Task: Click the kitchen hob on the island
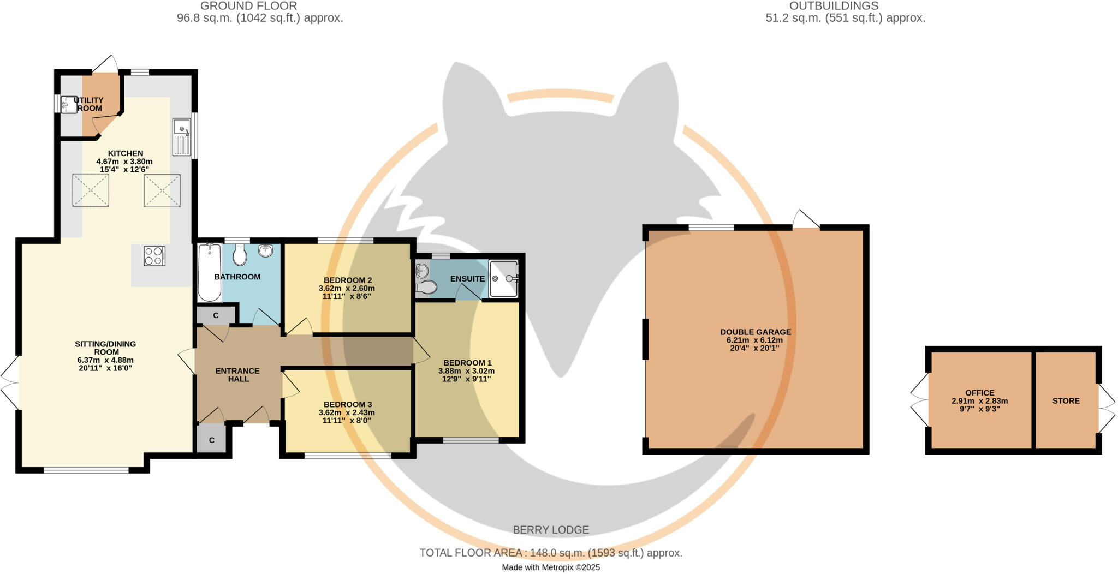(x=154, y=256)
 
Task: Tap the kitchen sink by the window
(x=182, y=136)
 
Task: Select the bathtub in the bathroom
(x=209, y=272)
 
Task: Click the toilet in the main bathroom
(x=240, y=254)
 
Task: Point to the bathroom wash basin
(x=266, y=250)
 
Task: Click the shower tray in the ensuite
(x=503, y=279)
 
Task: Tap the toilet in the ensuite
(x=426, y=286)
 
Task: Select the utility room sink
(x=69, y=104)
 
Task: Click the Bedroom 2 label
(x=347, y=280)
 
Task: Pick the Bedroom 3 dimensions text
(x=346, y=417)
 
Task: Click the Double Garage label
(x=755, y=332)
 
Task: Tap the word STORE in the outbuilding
(x=1066, y=401)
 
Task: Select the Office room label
(x=979, y=393)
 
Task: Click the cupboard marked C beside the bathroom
(x=216, y=316)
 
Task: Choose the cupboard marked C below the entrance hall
(x=211, y=440)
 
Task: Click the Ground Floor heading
(x=248, y=6)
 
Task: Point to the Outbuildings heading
(x=833, y=6)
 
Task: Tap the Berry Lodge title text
(x=550, y=530)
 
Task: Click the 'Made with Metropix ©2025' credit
(x=550, y=567)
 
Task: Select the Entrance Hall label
(x=237, y=375)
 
